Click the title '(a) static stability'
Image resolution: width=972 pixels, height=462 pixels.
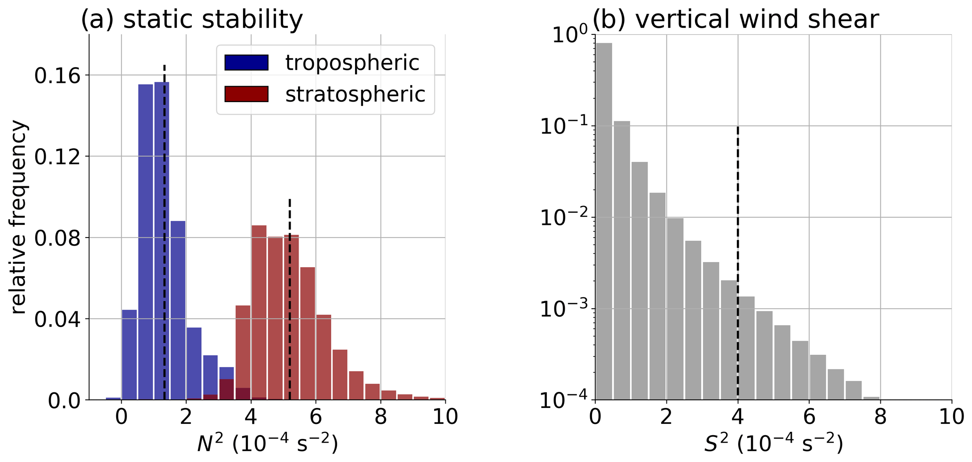pos(192,20)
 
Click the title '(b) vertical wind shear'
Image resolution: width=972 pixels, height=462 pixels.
pos(735,20)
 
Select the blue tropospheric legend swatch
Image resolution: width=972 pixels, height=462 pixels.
pos(246,63)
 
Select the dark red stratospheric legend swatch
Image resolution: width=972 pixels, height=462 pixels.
pos(246,94)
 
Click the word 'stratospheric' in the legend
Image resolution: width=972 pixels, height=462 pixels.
pos(355,94)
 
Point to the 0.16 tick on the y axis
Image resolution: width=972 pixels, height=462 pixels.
pos(56,75)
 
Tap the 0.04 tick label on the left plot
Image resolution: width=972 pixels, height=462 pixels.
pos(56,319)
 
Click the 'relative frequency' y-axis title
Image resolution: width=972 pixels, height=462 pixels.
pos(20,217)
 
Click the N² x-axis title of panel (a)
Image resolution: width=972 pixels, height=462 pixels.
pos(267,443)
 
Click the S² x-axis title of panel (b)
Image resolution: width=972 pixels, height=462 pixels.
pos(773,443)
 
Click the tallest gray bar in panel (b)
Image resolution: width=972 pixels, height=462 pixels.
pos(604,221)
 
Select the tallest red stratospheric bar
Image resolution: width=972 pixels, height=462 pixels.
pos(259,313)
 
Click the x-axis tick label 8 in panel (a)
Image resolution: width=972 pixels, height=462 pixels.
pos(380,417)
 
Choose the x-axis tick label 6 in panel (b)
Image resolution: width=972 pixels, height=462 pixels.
pos(809,417)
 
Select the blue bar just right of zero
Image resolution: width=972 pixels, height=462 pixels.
pos(129,355)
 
